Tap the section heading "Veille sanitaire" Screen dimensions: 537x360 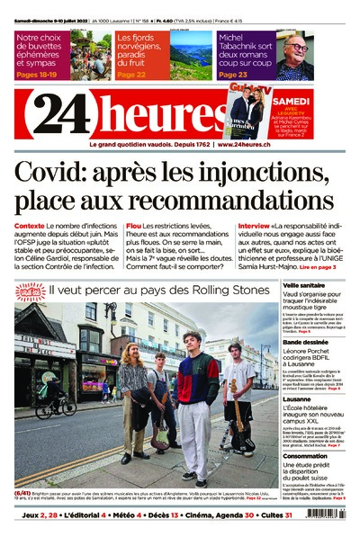[x=303, y=284]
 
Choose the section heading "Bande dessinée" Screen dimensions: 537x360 [x=305, y=342]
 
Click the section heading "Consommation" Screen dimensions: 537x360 [x=305, y=455]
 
